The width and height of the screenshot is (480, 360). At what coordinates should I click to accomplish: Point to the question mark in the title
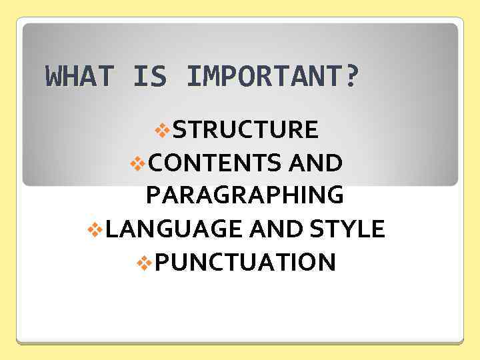click(x=351, y=76)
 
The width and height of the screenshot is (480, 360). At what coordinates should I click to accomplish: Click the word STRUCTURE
click(x=245, y=129)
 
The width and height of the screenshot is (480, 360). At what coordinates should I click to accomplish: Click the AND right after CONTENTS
click(x=317, y=162)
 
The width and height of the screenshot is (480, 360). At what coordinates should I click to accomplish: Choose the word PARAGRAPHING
click(x=245, y=195)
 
